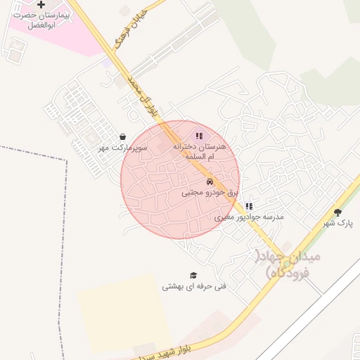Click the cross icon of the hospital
[41, 5]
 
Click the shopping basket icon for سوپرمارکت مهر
[123, 137]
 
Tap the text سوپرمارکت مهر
[123, 148]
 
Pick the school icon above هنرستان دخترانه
[199, 136]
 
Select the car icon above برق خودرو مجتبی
[210, 181]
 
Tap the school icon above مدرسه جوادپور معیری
[249, 206]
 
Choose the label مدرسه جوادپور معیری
[249, 217]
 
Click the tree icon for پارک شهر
[337, 212]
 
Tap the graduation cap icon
[193, 275]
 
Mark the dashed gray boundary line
[67, 211]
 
